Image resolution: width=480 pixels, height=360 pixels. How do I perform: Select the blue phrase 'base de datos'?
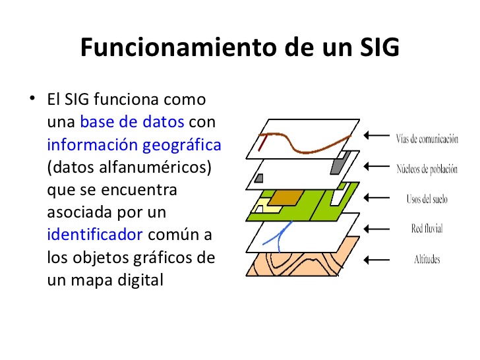point(132,122)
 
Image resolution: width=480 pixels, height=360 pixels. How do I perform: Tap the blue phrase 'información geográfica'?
point(134,144)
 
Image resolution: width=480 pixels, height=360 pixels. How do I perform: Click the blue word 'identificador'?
point(95,234)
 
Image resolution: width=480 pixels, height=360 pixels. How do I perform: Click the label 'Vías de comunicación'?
point(427,138)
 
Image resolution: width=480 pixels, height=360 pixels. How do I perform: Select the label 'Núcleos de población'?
point(427,169)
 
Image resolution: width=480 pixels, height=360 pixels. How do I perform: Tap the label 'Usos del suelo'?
point(427,198)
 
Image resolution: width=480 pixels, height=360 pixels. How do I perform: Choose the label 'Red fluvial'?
point(427,229)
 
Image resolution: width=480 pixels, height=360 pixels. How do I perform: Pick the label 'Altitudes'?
point(427,259)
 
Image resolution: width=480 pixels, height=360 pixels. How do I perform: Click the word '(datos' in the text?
point(68,167)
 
